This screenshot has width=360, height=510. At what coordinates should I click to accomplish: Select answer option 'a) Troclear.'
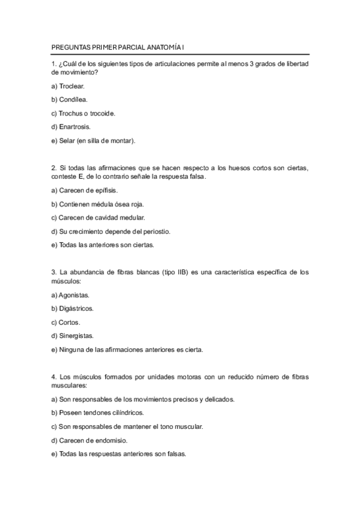tap(68, 86)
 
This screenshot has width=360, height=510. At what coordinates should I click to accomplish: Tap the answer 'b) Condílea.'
tap(70, 100)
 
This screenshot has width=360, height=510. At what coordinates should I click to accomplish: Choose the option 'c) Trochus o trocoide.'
tap(83, 113)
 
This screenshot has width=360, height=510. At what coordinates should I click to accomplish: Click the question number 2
tap(54, 168)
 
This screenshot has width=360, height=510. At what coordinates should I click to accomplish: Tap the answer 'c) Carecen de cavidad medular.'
tap(98, 217)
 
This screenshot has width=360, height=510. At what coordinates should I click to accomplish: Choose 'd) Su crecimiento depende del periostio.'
tap(111, 231)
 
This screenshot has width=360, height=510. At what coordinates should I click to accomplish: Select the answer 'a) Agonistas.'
tap(70, 295)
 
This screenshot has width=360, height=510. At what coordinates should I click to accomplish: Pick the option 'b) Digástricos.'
tap(72, 309)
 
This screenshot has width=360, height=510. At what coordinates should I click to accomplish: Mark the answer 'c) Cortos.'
tap(66, 322)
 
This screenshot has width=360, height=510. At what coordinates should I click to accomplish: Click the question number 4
tap(54, 376)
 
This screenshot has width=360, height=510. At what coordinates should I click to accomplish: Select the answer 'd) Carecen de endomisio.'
tap(89, 440)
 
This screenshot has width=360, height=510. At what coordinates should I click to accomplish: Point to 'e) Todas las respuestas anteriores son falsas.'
tap(119, 453)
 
